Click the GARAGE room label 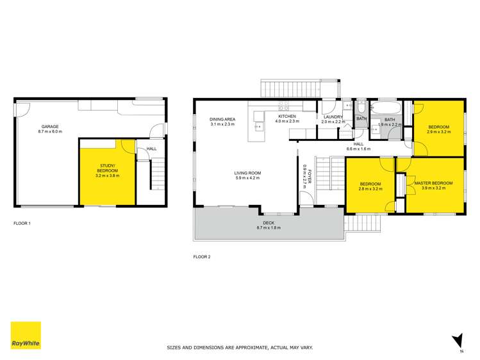pyautogui.click(x=51, y=126)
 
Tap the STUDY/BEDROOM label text pyautogui.click(x=108, y=168)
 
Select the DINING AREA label pyautogui.click(x=222, y=119)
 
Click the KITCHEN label pyautogui.click(x=286, y=117)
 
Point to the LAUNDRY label pyautogui.click(x=333, y=117)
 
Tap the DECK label pyautogui.click(x=269, y=223)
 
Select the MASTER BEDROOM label pyautogui.click(x=433, y=183)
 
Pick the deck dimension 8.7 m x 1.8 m pyautogui.click(x=269, y=228)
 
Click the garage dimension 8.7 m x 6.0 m pyautogui.click(x=51, y=131)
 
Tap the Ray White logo pyautogui.click(x=26, y=336)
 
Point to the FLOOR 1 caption pyautogui.click(x=22, y=224)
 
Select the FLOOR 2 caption pyautogui.click(x=202, y=257)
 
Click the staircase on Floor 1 pyautogui.click(x=158, y=174)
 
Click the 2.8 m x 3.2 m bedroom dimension pyautogui.click(x=370, y=190)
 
